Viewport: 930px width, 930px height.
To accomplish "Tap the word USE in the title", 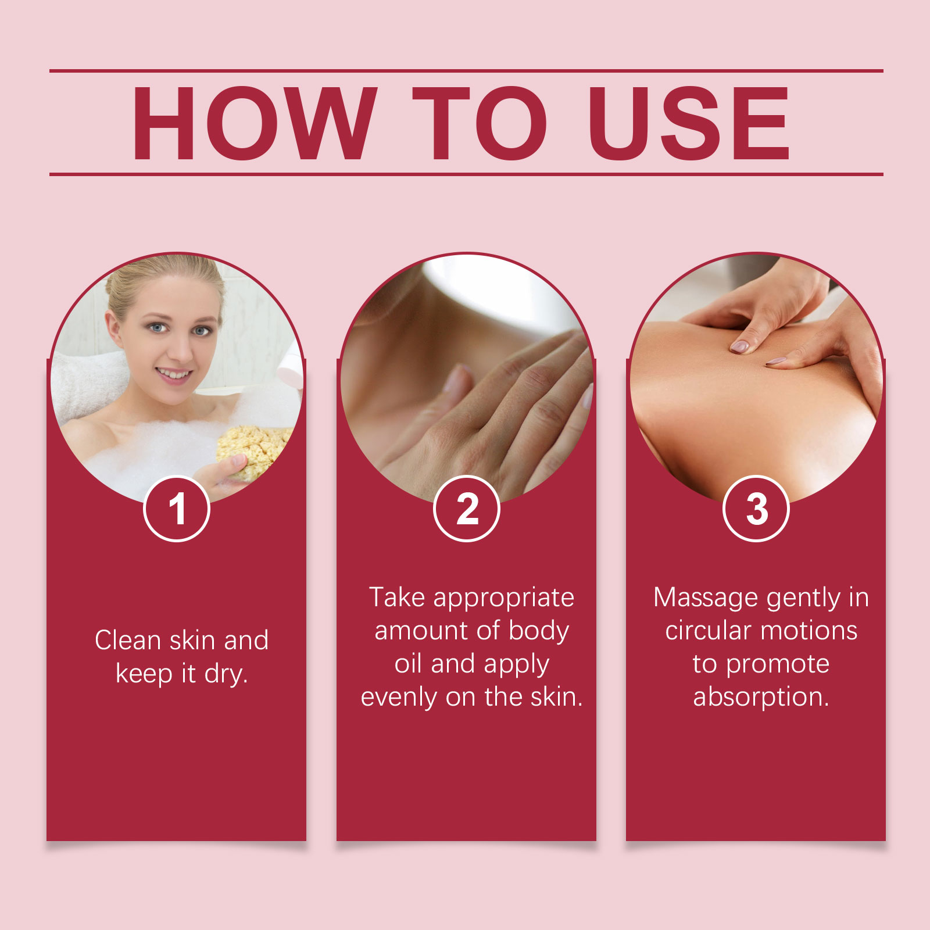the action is [689, 123].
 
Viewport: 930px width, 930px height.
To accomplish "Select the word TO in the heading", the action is [480, 123].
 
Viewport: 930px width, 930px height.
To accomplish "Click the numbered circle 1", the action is [177, 509].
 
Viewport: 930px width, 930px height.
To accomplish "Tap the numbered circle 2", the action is [467, 509].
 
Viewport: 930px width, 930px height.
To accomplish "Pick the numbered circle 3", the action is [756, 509].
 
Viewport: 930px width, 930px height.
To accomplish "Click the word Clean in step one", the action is [128, 640].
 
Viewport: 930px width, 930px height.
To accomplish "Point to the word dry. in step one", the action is [226, 674].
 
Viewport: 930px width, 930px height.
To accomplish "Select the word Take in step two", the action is [397, 597].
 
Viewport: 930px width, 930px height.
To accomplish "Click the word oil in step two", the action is [408, 663].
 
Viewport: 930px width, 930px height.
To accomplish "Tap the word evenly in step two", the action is [399, 697].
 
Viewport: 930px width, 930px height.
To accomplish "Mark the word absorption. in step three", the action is [761, 697].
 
